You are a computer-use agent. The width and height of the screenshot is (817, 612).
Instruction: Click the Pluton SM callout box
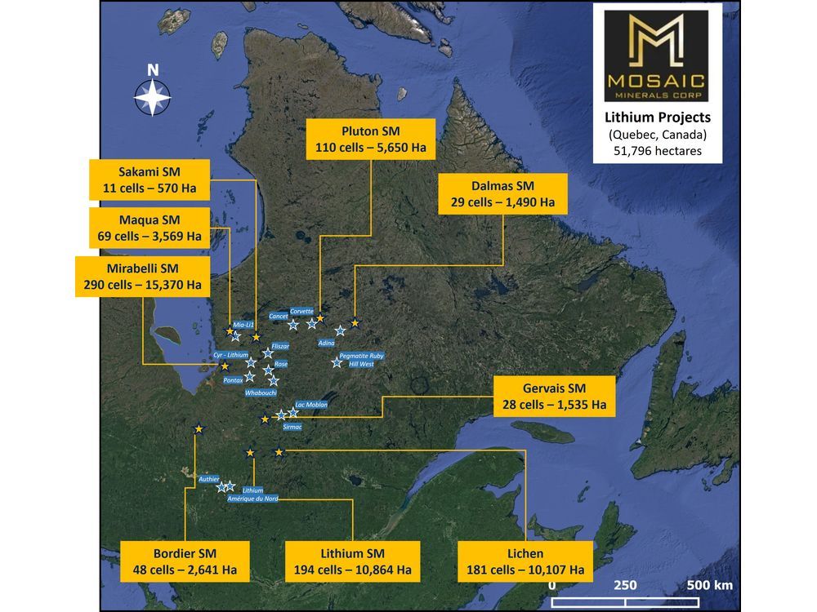[x=371, y=140]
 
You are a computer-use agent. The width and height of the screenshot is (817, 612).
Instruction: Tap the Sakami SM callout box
[x=149, y=180]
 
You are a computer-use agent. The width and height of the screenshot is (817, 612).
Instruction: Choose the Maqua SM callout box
[x=149, y=228]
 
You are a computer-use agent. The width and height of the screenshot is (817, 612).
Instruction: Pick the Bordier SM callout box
[x=184, y=561]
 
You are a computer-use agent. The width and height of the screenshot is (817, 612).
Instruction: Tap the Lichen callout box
[x=525, y=561]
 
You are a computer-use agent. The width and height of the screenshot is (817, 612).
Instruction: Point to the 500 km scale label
[x=709, y=585]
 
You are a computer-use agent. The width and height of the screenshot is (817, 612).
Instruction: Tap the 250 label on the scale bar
[x=626, y=585]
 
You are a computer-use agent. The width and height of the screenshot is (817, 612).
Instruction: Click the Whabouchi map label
[x=262, y=392]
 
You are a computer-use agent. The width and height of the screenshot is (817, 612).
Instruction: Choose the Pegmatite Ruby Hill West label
[x=355, y=360]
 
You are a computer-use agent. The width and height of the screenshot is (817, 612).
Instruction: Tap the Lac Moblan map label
[x=310, y=405]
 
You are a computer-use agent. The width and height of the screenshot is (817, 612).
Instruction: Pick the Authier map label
[x=208, y=479]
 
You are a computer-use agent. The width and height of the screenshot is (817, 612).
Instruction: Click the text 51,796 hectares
[x=657, y=151]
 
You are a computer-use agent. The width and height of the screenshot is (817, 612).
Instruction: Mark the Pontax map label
[x=232, y=380]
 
